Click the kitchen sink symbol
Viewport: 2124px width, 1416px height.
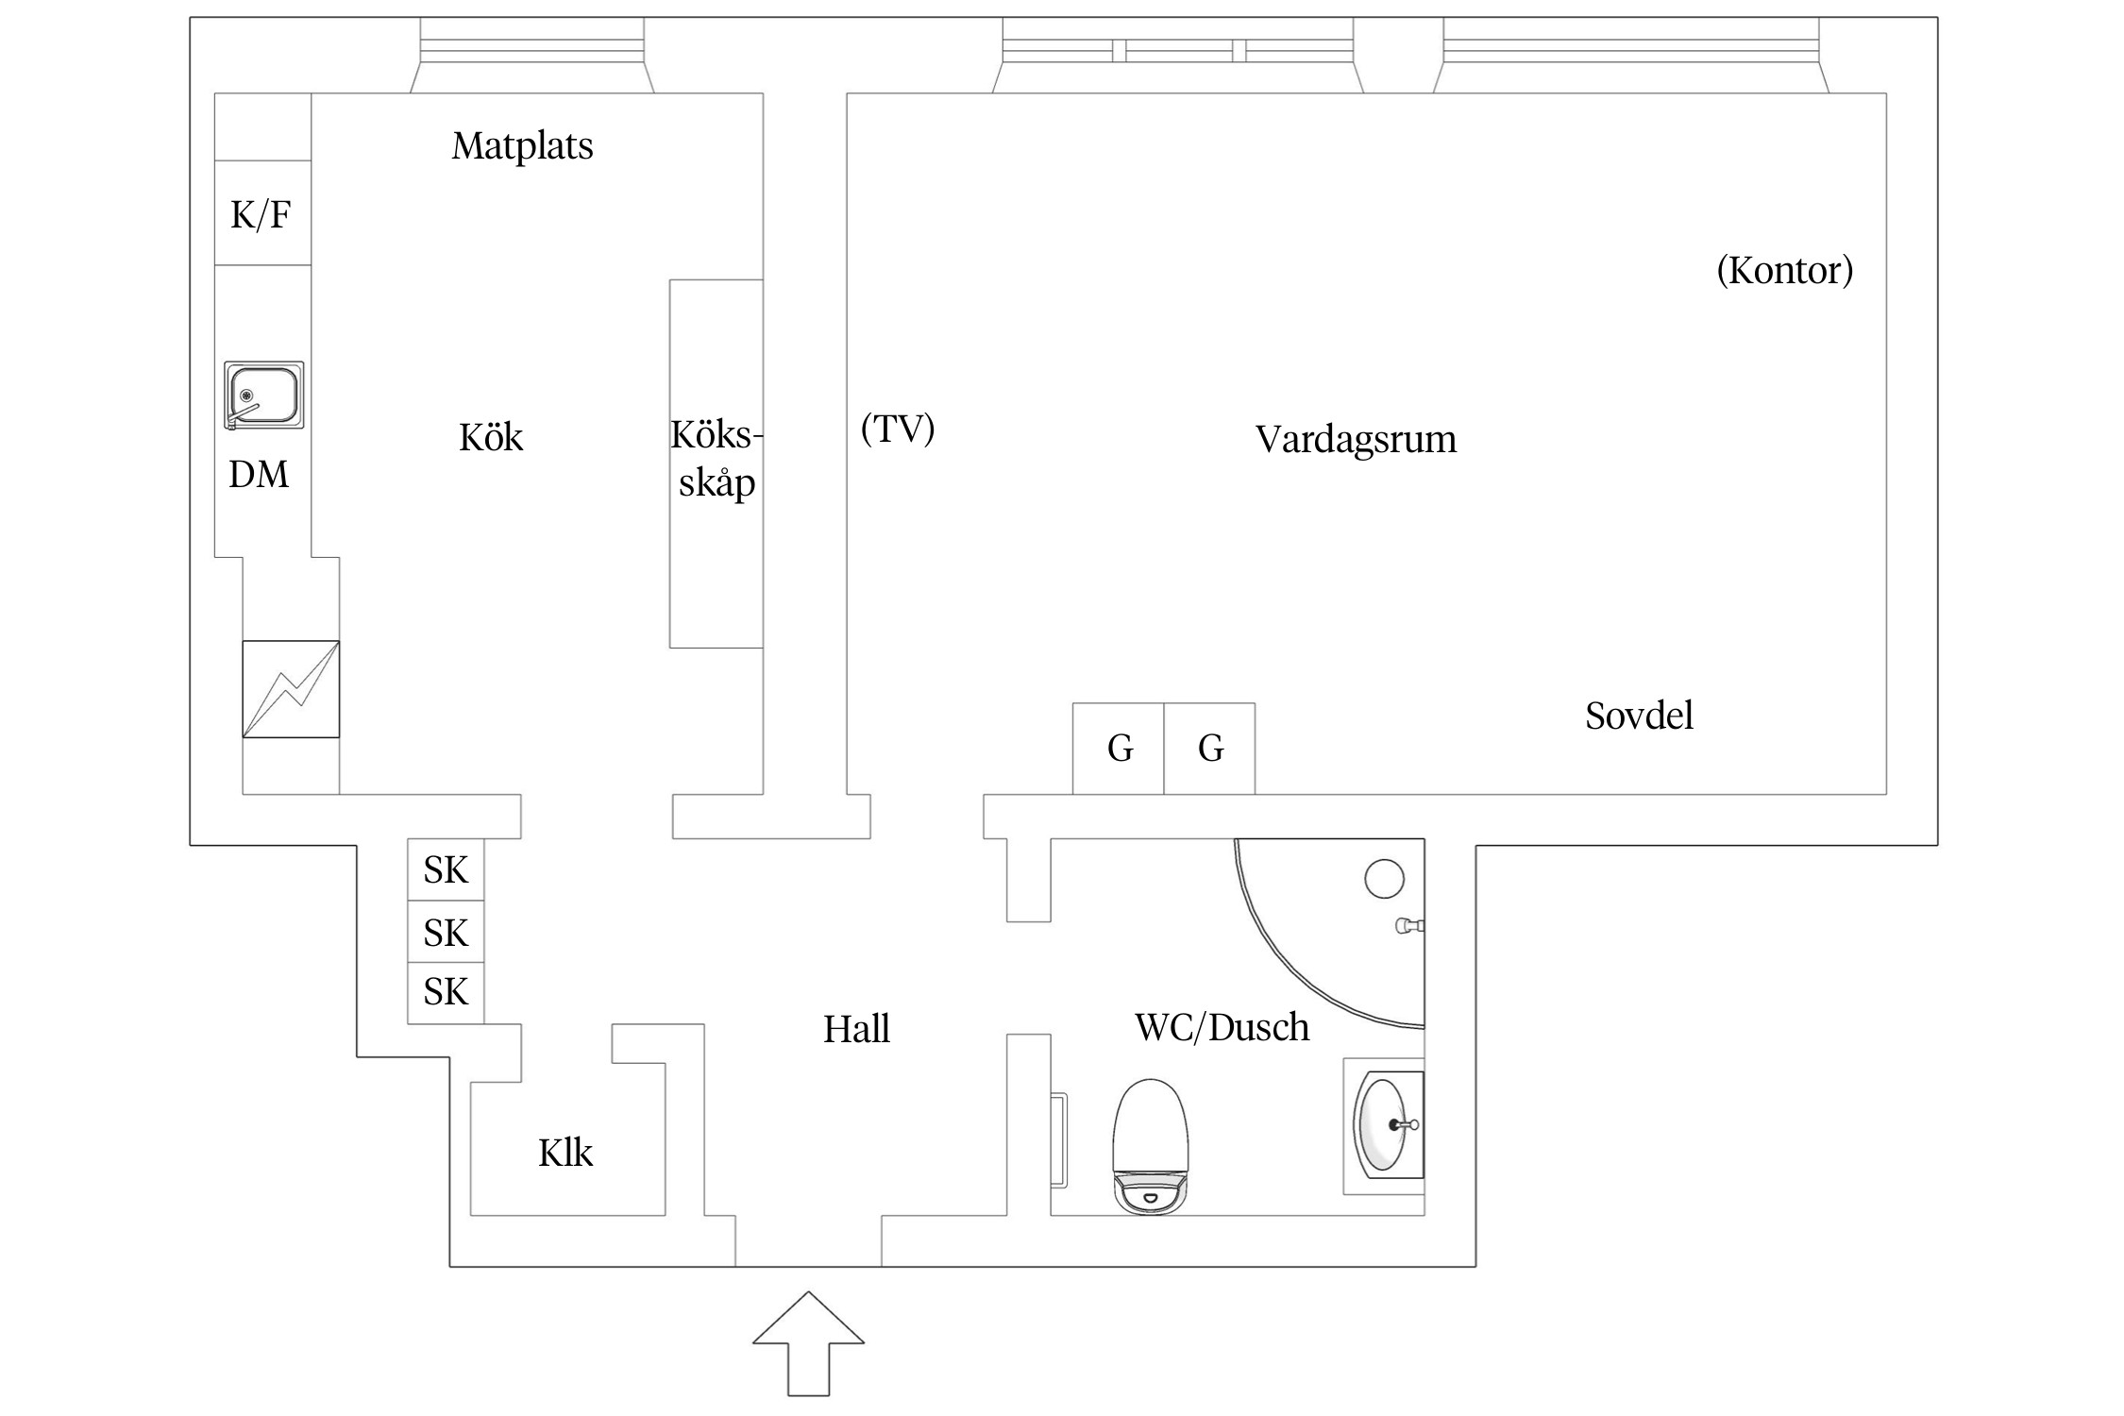click(264, 396)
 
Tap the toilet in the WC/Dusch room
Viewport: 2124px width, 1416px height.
click(1150, 1146)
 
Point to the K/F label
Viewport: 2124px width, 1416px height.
click(261, 215)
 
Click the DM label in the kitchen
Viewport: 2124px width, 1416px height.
click(259, 474)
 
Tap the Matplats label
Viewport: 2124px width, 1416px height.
click(522, 146)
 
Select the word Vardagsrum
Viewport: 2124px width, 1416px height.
click(1356, 440)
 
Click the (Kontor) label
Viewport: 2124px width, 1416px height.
click(1784, 271)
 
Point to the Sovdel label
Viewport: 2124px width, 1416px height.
click(1639, 716)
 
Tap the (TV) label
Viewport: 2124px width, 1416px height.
click(898, 429)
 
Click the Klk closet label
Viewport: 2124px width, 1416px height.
click(565, 1153)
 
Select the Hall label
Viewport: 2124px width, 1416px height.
click(856, 1029)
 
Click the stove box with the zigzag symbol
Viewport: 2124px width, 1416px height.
click(291, 689)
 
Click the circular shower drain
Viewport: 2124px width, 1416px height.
click(1384, 879)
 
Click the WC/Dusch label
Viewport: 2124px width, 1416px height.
click(1222, 1027)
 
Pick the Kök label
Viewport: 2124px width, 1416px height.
click(491, 438)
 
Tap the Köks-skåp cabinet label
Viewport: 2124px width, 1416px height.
click(716, 460)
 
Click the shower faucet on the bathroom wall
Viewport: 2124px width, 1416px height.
click(1409, 926)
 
